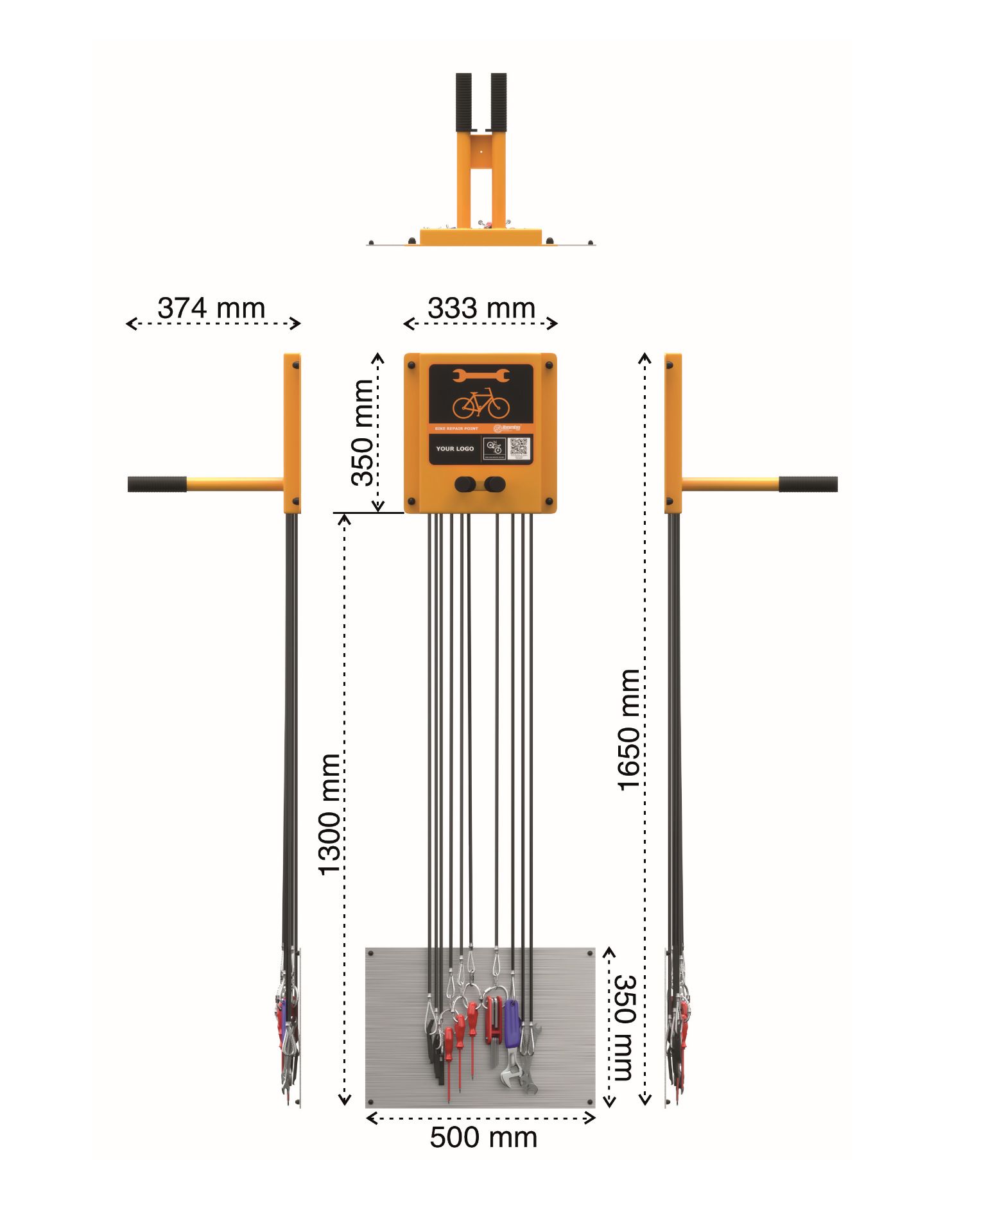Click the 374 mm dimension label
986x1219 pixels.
(211, 308)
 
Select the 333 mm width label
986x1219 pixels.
(481, 308)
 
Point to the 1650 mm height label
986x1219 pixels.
(628, 729)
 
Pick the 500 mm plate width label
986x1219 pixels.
(483, 1138)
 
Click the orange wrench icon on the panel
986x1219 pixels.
(481, 375)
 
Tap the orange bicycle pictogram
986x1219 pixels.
(481, 404)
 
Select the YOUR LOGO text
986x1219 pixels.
(454, 448)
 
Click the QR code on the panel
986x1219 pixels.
(519, 447)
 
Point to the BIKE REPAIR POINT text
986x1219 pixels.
(456, 428)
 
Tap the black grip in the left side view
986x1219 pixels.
(157, 484)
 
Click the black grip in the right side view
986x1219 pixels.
(808, 484)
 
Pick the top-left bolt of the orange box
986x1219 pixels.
(411, 366)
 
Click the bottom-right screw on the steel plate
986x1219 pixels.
(590, 1101)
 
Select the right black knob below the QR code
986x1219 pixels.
(495, 484)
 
